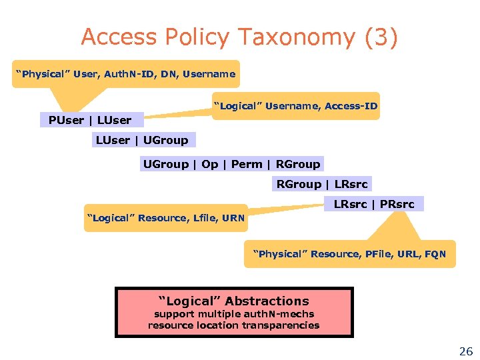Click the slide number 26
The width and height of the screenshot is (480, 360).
point(465,351)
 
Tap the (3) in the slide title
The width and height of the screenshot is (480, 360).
point(381,37)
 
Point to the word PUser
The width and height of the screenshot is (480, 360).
point(66,121)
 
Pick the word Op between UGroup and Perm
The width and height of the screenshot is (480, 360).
point(210,164)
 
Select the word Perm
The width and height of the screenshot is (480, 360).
point(247,164)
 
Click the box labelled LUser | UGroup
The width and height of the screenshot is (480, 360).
point(142,140)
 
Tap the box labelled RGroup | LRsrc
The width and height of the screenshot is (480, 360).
point(322,184)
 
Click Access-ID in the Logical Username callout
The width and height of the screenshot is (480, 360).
point(351,106)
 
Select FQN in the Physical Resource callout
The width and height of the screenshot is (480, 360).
point(435,254)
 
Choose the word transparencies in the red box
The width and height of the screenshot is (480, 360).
point(283,325)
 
